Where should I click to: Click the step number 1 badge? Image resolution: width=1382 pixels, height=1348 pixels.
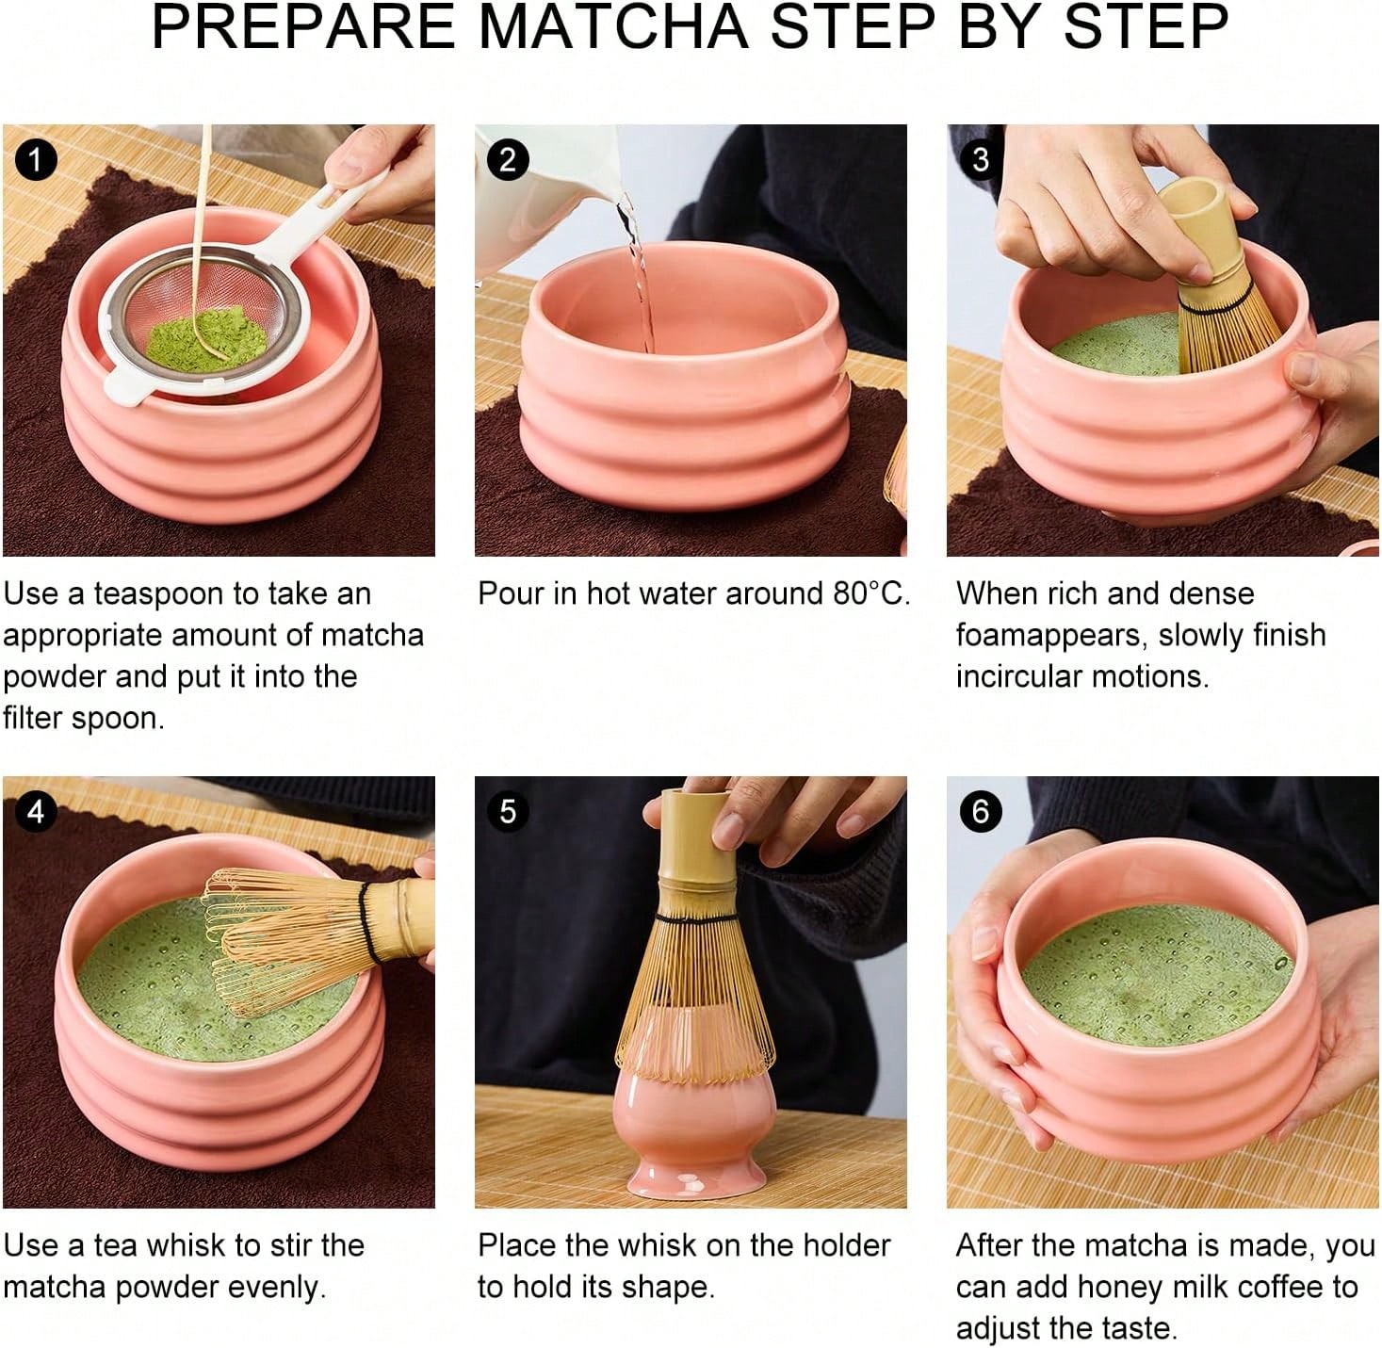(36, 159)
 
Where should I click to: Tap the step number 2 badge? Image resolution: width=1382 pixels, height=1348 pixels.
(508, 159)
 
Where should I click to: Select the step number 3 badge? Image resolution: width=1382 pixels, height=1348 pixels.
(980, 159)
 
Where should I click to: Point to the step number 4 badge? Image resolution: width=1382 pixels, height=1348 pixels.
(36, 811)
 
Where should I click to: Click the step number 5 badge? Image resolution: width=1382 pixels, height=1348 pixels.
(508, 811)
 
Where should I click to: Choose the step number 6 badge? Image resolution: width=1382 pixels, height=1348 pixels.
(980, 811)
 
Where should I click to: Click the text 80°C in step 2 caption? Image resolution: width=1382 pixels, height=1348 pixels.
(870, 593)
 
